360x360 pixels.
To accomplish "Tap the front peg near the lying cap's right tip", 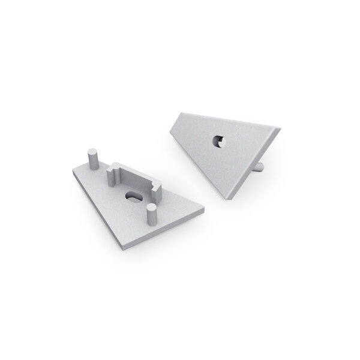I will tap(152, 215).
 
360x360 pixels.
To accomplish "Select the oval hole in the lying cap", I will tap(132, 196).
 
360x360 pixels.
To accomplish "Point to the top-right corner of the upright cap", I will tap(279, 127).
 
